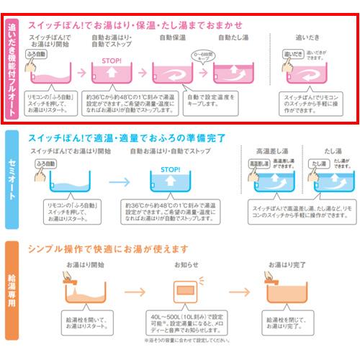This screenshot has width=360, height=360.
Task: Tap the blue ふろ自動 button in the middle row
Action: (x=45, y=164)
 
